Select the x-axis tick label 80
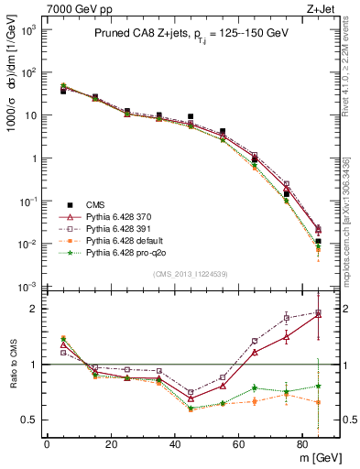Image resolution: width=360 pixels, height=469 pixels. point(303,442)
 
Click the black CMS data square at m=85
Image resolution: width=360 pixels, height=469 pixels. point(318,242)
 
